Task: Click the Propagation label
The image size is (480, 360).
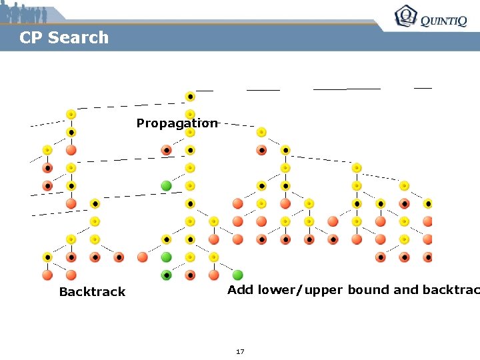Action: pos(177,123)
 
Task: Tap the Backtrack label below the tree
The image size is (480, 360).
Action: pos(92,292)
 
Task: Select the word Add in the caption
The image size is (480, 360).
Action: pos(241,290)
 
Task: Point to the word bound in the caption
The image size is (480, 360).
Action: pos(370,290)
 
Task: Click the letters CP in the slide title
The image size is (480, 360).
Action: pos(31,38)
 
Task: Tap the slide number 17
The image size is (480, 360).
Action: pos(240,351)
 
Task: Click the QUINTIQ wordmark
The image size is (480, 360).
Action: pos(443,21)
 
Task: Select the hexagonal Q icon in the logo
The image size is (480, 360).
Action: pos(405,16)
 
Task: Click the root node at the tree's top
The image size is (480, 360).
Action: pos(190,97)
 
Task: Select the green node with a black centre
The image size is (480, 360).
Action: pos(167,275)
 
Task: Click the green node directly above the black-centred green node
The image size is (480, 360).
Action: pos(167,257)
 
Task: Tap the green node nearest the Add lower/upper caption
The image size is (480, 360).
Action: pos(238,275)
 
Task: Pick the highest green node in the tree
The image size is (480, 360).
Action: pos(167,185)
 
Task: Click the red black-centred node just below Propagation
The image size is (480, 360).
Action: pos(167,150)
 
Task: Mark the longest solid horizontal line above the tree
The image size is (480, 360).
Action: pos(347,88)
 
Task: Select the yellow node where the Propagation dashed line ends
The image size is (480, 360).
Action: pos(261,132)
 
